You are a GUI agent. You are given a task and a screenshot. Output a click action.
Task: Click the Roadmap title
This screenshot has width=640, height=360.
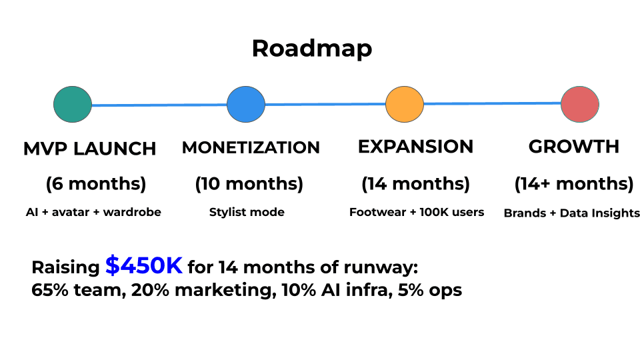coord(312,49)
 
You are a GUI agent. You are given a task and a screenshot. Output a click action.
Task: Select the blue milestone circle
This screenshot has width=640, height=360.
coord(246,103)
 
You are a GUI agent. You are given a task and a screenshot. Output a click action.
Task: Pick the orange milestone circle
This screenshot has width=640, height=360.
coord(405,103)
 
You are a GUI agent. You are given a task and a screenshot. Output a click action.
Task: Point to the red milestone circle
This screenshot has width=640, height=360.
coord(579,103)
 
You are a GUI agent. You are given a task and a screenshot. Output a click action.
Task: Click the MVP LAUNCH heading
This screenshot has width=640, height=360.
coord(90,148)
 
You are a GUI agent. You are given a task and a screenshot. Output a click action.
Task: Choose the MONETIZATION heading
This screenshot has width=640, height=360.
coord(251,147)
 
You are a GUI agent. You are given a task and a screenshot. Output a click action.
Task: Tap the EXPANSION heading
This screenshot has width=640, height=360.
coord(415,147)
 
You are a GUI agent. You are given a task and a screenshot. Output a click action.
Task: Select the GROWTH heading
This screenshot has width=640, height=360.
coord(573,147)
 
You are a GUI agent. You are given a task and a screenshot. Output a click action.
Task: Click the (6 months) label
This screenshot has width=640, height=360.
coord(95,183)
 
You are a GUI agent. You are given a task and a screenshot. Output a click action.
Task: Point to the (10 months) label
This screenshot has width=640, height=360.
coord(249,183)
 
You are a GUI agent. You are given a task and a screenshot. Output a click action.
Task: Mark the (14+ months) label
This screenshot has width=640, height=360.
coord(573,183)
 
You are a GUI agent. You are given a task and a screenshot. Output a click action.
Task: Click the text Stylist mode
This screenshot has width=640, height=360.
coord(247,213)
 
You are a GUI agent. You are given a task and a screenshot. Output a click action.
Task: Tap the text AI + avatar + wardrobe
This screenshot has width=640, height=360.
coord(93,213)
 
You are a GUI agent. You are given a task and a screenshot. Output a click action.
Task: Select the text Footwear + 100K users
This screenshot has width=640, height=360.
coord(417,213)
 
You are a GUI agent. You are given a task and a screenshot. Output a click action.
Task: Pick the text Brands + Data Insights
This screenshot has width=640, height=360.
coord(572,213)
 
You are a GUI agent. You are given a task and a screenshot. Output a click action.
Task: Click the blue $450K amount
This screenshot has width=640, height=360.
coord(143,266)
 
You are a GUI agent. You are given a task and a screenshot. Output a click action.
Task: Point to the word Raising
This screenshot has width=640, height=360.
coord(65,268)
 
